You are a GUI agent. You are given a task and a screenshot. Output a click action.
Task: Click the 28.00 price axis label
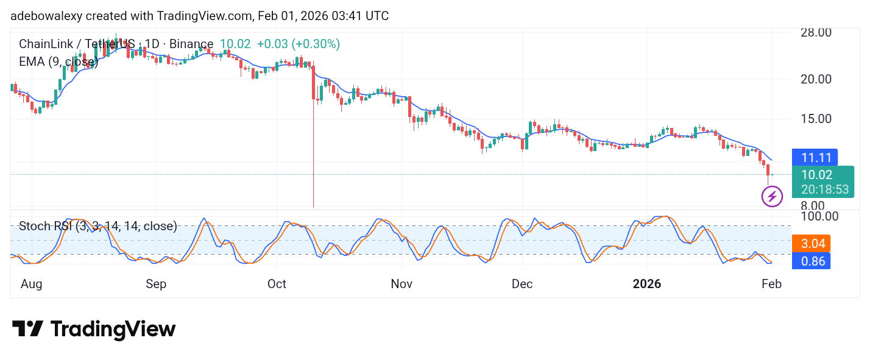pyautogui.click(x=815, y=32)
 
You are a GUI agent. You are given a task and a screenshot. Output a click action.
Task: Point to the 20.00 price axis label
pyautogui.click(x=815, y=79)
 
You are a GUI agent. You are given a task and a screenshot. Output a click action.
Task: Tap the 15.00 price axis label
pyautogui.click(x=815, y=119)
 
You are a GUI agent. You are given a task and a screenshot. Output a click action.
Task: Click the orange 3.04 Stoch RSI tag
pyautogui.click(x=813, y=244)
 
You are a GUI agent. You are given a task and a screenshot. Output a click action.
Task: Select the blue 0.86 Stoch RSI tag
pyautogui.click(x=813, y=261)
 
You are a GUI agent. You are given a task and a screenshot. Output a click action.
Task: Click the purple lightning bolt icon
pyautogui.click(x=772, y=197)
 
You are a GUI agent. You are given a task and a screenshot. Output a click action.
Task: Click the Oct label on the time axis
pyautogui.click(x=277, y=284)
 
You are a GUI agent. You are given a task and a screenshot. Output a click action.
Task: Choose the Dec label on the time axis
pyautogui.click(x=522, y=284)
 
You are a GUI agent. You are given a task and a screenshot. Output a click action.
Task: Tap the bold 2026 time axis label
pyautogui.click(x=647, y=284)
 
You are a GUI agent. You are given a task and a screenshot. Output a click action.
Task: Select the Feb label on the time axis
pyautogui.click(x=771, y=284)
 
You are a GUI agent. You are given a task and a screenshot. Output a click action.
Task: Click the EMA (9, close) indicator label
pyautogui.click(x=58, y=62)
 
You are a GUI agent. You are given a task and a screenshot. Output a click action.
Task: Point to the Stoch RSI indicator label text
pyautogui.click(x=97, y=227)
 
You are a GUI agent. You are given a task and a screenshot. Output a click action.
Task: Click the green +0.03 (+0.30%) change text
pyautogui.click(x=298, y=44)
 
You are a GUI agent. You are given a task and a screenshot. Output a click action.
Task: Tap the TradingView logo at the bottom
pyautogui.click(x=94, y=330)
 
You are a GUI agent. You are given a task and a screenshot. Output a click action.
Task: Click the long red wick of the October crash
pyautogui.click(x=313, y=158)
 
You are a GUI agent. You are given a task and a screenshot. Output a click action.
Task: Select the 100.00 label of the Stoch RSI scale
pyautogui.click(x=818, y=216)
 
